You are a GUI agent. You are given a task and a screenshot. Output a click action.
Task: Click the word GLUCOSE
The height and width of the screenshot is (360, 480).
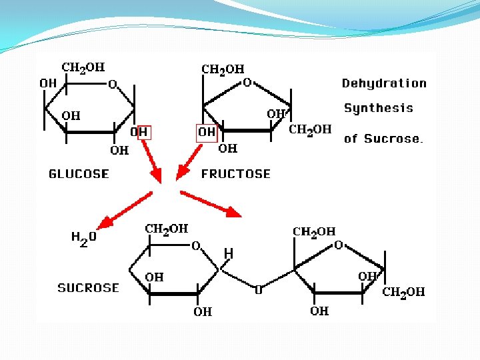[79, 174]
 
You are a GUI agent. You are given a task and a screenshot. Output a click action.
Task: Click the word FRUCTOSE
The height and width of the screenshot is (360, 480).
[236, 174]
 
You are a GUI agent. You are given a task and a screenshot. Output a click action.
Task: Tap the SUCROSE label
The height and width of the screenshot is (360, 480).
[88, 288]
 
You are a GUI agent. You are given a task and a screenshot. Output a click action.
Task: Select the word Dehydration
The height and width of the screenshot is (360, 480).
[384, 83]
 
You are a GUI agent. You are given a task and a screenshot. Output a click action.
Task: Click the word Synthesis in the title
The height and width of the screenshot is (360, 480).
[378, 108]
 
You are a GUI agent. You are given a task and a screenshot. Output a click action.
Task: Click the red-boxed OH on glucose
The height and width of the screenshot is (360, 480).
[140, 133]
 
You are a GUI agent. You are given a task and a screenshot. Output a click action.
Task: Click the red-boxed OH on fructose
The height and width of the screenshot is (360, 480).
[207, 133]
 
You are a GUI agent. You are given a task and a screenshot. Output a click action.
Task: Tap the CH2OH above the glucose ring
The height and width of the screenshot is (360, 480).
[83, 67]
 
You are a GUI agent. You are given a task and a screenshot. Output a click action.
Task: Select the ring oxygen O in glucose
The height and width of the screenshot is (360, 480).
[113, 85]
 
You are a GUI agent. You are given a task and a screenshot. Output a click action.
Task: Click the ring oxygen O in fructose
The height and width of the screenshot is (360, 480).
[247, 83]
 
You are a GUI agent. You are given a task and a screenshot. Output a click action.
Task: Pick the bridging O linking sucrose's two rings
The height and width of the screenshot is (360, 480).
[259, 290]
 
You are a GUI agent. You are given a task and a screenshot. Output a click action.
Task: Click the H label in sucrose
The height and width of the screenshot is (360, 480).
[229, 253]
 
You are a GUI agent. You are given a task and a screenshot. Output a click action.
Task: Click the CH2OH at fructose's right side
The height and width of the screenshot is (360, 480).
[310, 129]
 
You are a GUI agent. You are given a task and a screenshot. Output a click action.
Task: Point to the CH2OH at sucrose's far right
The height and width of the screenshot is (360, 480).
[403, 292]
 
